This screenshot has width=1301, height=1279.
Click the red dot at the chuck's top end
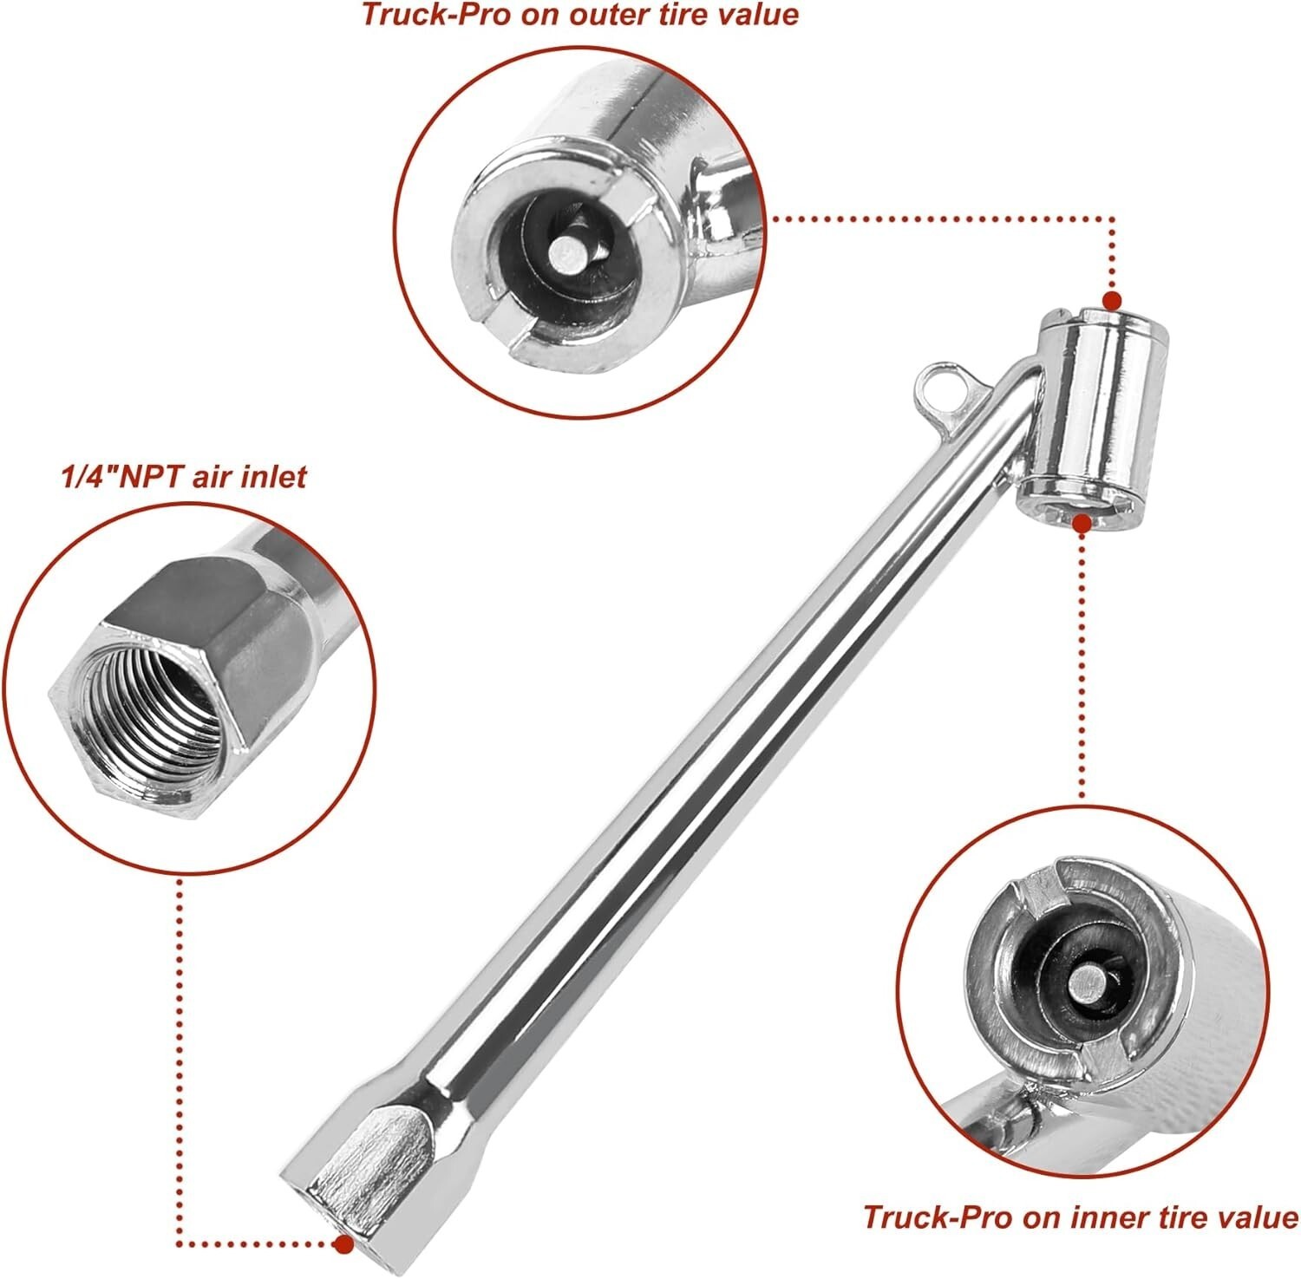tap(1111, 302)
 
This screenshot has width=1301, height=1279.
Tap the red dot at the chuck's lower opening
tap(1082, 523)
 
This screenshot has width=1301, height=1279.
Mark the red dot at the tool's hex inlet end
tap(344, 1244)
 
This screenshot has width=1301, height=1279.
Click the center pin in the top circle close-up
tap(567, 253)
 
